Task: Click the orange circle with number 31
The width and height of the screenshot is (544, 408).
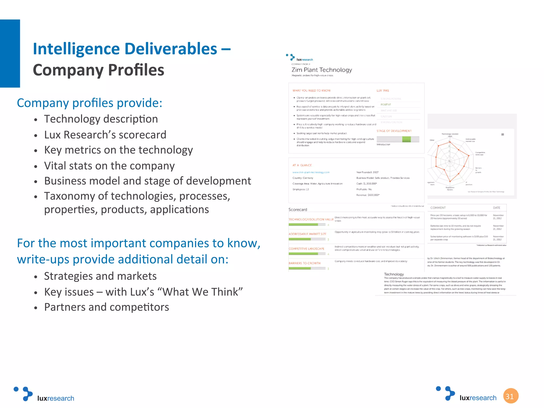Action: point(511,396)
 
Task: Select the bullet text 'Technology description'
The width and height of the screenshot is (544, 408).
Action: point(101,119)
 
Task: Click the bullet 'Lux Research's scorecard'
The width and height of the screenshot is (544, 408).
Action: point(105,135)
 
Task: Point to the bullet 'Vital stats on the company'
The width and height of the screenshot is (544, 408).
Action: point(109,166)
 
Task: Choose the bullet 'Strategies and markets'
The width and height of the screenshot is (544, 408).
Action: point(100,276)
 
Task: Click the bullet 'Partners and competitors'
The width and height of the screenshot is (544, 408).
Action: point(107,307)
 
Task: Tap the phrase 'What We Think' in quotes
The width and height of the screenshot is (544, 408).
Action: point(203,292)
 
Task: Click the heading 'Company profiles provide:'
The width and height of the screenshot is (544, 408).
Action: point(90,103)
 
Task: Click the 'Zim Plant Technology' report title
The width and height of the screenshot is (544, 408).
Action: point(322,70)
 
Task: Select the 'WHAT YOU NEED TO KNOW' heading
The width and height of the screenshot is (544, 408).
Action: point(312,91)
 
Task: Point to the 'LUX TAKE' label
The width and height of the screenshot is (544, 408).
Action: point(383,91)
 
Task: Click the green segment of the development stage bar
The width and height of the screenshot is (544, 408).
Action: point(406,139)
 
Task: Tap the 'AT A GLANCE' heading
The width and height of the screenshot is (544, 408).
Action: point(302,165)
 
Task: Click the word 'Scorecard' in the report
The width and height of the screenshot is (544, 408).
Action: point(298,210)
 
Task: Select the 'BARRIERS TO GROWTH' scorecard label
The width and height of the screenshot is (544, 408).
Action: point(305,263)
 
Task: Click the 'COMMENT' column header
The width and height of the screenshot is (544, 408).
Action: point(438,208)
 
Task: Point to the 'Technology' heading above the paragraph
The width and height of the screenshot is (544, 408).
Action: point(394,274)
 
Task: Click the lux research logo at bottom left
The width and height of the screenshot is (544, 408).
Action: point(44,394)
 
